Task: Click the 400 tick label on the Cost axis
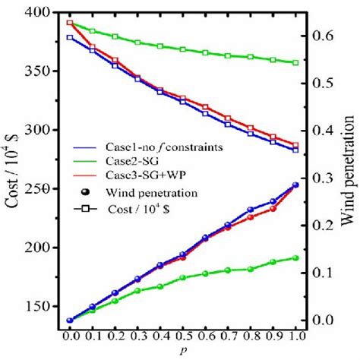click(x=40, y=13)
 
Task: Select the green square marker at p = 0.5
click(x=183, y=49)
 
